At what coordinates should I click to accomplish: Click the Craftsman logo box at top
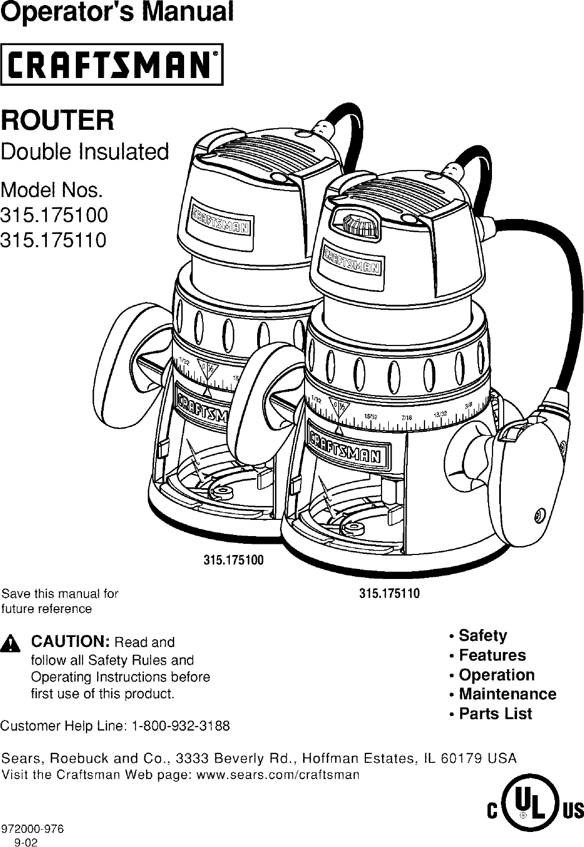(x=112, y=64)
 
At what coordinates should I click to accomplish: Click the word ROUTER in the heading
(x=58, y=121)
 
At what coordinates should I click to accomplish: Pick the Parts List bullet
(x=494, y=714)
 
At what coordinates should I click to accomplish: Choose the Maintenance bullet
(x=506, y=694)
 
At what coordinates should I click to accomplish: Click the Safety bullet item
(x=482, y=636)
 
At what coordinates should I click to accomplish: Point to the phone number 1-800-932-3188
(x=180, y=727)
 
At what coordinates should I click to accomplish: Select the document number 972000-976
(x=32, y=829)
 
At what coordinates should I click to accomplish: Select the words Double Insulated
(x=85, y=152)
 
